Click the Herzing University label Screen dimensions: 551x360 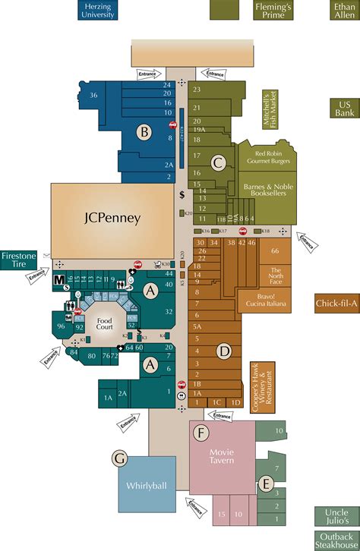coord(98,10)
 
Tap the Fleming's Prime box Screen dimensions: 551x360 coord(273,10)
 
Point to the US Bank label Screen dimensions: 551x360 coord(344,108)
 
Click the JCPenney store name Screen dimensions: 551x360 coord(112,218)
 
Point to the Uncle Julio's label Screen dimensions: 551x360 coord(337,516)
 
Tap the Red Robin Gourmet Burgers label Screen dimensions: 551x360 coord(266,157)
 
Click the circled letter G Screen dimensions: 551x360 coord(119,458)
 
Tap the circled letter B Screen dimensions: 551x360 coord(143,131)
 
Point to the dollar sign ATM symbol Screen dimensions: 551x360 coord(182,195)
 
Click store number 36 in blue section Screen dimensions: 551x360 coord(93,96)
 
